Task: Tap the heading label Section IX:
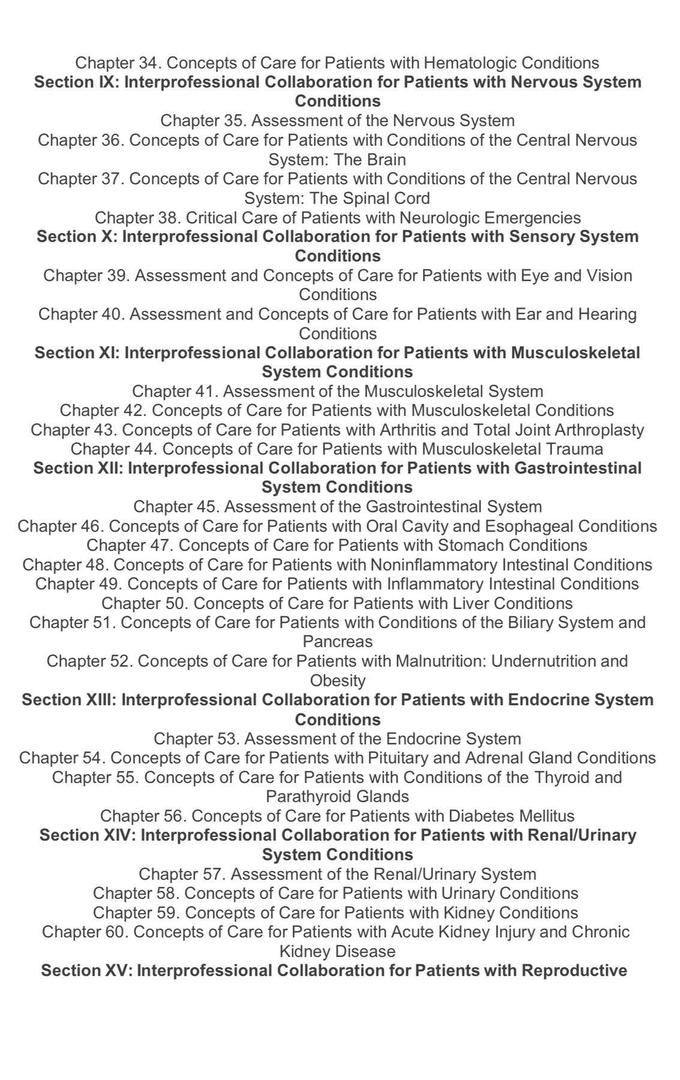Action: [x=76, y=82]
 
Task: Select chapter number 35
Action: [x=230, y=121]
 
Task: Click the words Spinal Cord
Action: [x=387, y=199]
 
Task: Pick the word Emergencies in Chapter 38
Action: [x=534, y=218]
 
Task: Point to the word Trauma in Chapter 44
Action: [x=574, y=449]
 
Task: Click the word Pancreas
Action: [x=337, y=642]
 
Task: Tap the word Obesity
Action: [x=337, y=681]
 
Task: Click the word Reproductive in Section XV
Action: [x=574, y=971]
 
